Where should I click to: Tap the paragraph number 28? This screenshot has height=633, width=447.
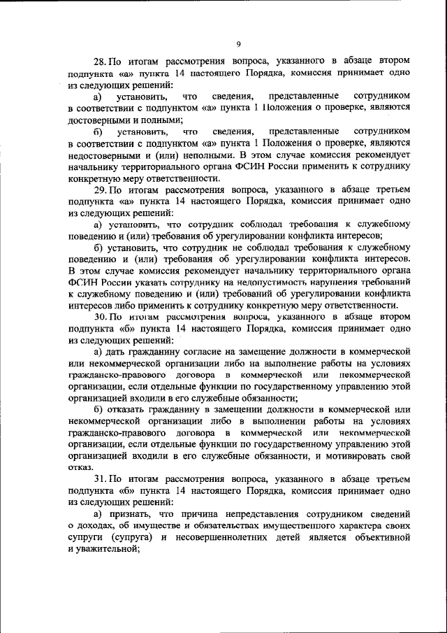click(99, 61)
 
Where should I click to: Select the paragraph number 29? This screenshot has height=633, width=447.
click(99, 189)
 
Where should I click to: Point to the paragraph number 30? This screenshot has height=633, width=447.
click(99, 317)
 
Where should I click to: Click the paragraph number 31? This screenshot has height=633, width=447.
click(99, 479)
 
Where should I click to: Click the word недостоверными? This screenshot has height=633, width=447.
click(103, 155)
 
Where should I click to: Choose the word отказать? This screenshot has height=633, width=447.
click(131, 408)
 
